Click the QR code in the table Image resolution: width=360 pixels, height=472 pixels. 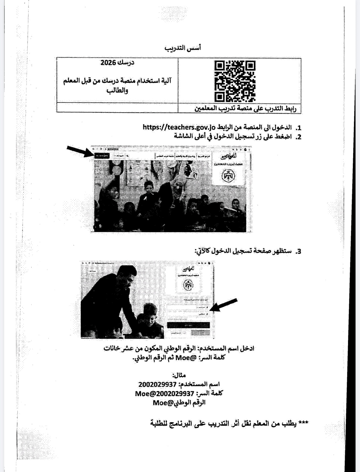[235, 81]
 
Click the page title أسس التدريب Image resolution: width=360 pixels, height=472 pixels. [183, 48]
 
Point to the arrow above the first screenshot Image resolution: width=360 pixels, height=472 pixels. [79, 151]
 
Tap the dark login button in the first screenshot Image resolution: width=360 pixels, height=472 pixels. [102, 156]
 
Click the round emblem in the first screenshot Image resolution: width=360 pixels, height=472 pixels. [228, 177]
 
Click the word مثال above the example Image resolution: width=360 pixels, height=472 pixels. [179, 375]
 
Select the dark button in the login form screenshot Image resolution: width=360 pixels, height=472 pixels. [188, 325]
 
